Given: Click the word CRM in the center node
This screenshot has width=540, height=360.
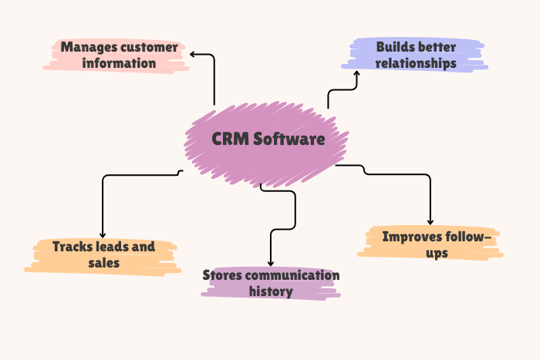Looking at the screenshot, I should [x=230, y=140].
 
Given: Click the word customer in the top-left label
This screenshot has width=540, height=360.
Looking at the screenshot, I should [x=147, y=48].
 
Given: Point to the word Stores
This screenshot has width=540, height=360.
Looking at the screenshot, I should [x=224, y=276].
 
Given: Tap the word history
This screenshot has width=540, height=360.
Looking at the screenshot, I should [x=270, y=291].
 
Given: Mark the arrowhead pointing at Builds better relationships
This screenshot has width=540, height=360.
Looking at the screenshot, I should [x=356, y=74].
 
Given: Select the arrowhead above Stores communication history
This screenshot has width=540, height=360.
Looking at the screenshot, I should [x=271, y=262].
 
